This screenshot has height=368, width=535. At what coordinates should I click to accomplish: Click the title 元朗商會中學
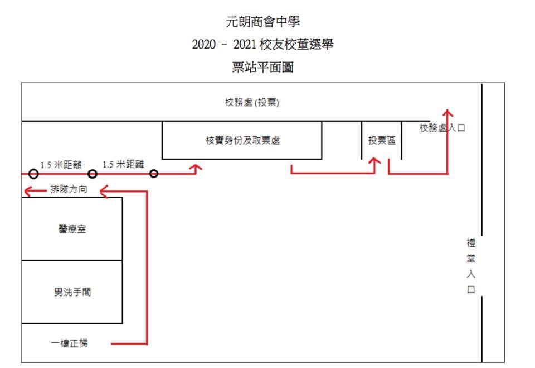(263, 22)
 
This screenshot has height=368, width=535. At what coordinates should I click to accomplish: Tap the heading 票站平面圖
(263, 68)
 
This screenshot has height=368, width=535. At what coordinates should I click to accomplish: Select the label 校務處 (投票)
(252, 103)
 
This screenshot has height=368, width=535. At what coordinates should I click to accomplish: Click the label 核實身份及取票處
(242, 141)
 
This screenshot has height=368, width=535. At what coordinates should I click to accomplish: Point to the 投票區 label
(382, 141)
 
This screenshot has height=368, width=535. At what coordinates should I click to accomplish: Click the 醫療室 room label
(72, 229)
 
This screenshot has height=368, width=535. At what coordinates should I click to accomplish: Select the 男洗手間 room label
(72, 291)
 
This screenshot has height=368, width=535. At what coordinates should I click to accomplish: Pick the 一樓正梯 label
(70, 343)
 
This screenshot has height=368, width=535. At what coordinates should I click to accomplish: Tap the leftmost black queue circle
(33, 174)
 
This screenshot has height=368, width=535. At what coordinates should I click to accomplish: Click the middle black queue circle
(93, 174)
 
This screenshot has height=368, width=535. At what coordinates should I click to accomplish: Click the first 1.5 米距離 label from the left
(61, 164)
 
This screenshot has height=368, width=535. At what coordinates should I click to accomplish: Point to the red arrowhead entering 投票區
(375, 161)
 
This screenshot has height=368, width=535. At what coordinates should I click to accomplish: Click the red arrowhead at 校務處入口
(448, 111)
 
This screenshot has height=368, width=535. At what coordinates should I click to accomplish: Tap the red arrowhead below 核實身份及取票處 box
(196, 168)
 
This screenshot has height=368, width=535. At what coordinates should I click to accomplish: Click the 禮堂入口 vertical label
(471, 266)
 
